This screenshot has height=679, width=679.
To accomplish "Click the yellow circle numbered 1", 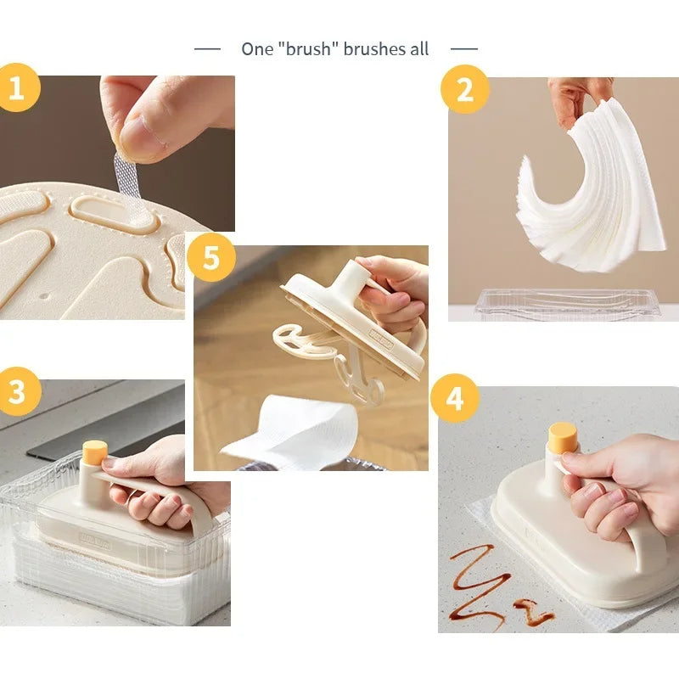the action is click(x=16, y=88).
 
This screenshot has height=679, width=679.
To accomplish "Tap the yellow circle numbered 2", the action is click(x=465, y=90).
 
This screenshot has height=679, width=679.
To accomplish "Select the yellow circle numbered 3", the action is click(x=17, y=391).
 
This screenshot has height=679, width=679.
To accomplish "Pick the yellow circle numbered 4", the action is click(x=455, y=398).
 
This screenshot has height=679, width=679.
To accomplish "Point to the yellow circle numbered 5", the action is click(x=211, y=257).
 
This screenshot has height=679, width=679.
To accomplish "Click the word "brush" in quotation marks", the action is click(x=308, y=49).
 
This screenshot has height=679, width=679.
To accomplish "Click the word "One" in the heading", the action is click(x=257, y=49).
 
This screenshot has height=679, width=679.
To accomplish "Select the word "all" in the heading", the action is click(x=419, y=49).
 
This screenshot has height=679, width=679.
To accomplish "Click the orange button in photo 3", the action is click(x=95, y=452).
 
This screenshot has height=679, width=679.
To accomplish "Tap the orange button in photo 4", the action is click(x=563, y=438).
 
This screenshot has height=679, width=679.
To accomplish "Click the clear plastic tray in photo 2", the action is click(x=567, y=304).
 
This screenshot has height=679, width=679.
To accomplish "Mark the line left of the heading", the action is click(x=207, y=49).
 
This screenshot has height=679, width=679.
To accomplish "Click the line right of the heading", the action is click(x=464, y=49).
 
